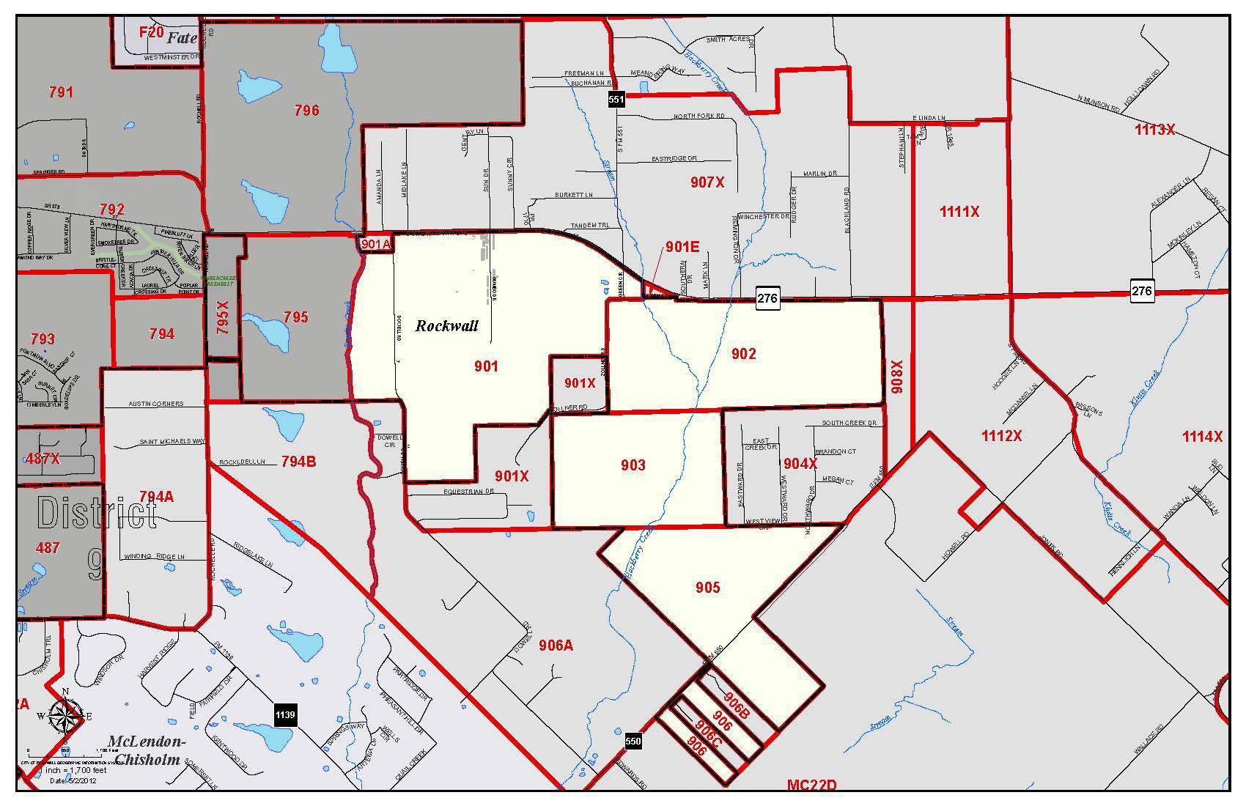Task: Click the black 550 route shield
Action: click(633, 741)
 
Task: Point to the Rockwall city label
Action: click(446, 326)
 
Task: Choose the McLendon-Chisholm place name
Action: click(146, 750)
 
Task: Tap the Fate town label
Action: click(181, 38)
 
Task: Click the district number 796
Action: click(306, 111)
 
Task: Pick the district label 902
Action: click(743, 354)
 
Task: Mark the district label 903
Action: click(633, 465)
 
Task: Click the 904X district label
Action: click(800, 464)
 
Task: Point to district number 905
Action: click(707, 587)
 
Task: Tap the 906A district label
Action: click(555, 645)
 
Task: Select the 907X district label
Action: click(707, 182)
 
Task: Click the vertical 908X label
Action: click(897, 376)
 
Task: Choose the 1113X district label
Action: click(1154, 130)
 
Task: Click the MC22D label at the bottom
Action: click(811, 785)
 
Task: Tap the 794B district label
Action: click(298, 462)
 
